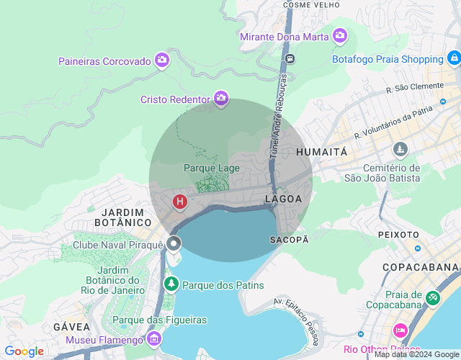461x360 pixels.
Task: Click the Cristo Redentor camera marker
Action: [221, 99]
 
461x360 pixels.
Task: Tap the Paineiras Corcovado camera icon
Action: [162, 60]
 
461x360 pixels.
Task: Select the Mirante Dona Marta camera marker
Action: [340, 35]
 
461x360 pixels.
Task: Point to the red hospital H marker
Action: [179, 202]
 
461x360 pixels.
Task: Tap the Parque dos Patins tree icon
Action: [171, 284]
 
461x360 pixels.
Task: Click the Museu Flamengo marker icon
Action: [153, 338]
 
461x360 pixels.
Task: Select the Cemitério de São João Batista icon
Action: [400, 150]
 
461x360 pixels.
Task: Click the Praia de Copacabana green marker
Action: [432, 297]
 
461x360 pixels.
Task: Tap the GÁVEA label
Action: [71, 327]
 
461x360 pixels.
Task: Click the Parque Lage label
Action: [211, 168]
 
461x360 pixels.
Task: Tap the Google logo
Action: [24, 351]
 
